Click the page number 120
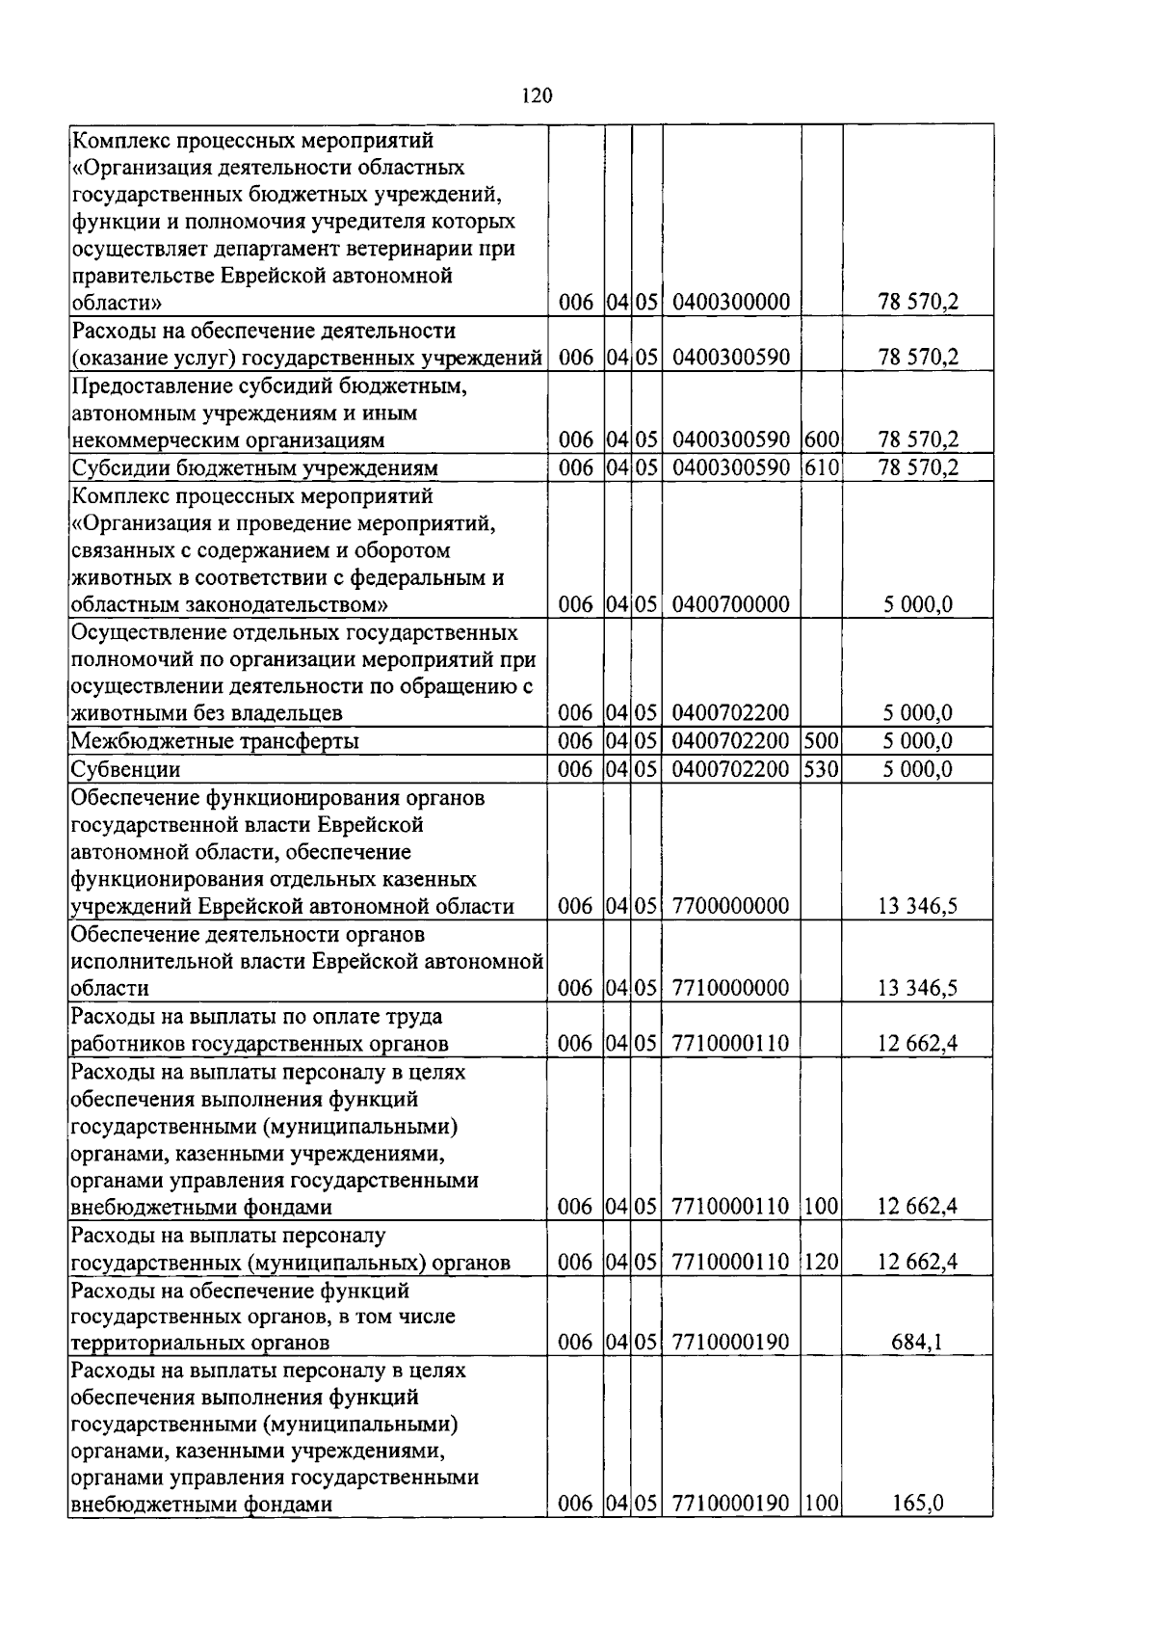pyautogui.click(x=537, y=94)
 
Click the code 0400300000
pyautogui.click(x=731, y=303)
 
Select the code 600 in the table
pyautogui.click(x=822, y=440)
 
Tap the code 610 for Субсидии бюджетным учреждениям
pyautogui.click(x=822, y=468)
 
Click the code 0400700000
pyautogui.click(x=731, y=605)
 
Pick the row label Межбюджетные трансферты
pyautogui.click(x=215, y=741)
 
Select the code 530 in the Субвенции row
pyautogui.click(x=822, y=769)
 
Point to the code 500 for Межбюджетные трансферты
pyautogui.click(x=822, y=741)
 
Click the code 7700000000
pyautogui.click(x=731, y=907)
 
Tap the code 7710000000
pyautogui.click(x=731, y=989)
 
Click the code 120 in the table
pyautogui.click(x=822, y=1262)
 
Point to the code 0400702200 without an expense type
pyautogui.click(x=731, y=714)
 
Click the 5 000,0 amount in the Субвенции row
pyautogui.click(x=917, y=769)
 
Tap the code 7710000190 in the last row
pyautogui.click(x=731, y=1504)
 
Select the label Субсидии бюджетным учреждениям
pyautogui.click(x=255, y=468)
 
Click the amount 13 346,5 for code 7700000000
pyautogui.click(x=917, y=907)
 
